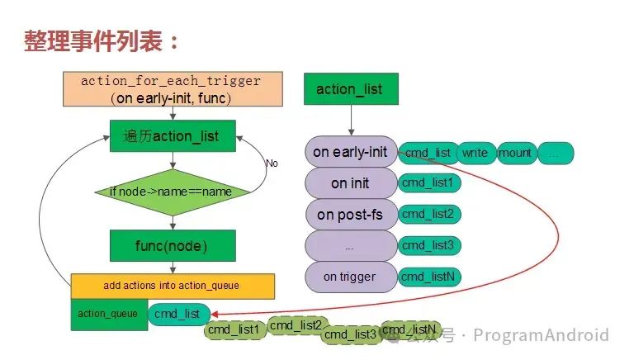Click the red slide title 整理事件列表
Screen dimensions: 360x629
pyautogui.click(x=102, y=42)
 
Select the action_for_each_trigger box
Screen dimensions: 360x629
pyautogui.click(x=172, y=90)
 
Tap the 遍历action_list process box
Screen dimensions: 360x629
pyautogui.click(x=173, y=135)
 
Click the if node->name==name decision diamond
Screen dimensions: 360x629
pyautogui.click(x=173, y=192)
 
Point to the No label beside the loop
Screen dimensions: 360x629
pyautogui.click(x=272, y=163)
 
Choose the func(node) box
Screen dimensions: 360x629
pyautogui.click(x=173, y=245)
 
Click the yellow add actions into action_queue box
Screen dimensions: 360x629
pyautogui.click(x=172, y=286)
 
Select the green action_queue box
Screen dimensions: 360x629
pyautogui.click(x=108, y=314)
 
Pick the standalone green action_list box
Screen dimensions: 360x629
pyautogui.click(x=349, y=88)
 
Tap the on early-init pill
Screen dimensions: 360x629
pyautogui.click(x=350, y=152)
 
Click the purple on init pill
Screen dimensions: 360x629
pyautogui.click(x=350, y=183)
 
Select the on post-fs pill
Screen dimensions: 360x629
pyautogui.click(x=350, y=215)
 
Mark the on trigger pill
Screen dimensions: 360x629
pyautogui.click(x=350, y=277)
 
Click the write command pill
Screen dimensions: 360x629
pyautogui.click(x=475, y=153)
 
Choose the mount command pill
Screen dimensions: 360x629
pyautogui.click(x=515, y=153)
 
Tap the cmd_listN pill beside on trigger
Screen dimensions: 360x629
pyautogui.click(x=428, y=277)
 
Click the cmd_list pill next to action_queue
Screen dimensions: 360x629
pyautogui.click(x=178, y=315)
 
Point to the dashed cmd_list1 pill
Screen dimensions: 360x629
pyautogui.click(x=233, y=329)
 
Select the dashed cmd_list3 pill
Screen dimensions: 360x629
pyautogui.click(x=348, y=334)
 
